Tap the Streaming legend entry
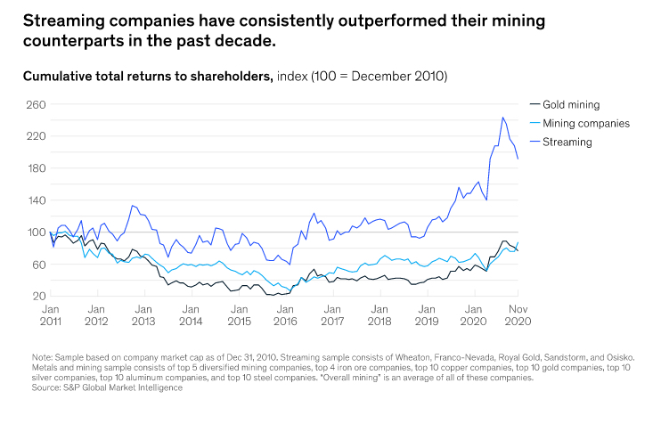coord(567,142)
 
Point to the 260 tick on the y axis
coord(35,104)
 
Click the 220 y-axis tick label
coord(35,136)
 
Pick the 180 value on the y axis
coord(35,168)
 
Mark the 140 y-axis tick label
coord(35,200)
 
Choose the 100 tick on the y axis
coord(35,232)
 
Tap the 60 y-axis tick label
coord(37,265)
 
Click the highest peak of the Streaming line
coord(503,118)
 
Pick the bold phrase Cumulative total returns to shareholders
coord(147,77)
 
